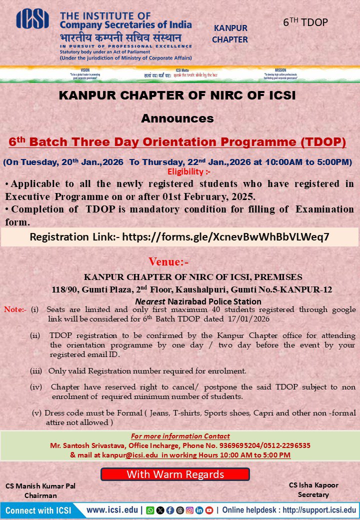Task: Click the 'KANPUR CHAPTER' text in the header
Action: point(230,33)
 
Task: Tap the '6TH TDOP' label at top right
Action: point(305,22)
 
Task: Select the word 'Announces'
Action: point(177,118)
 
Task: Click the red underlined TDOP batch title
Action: point(177,142)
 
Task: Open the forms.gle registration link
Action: point(225,236)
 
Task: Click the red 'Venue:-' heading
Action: point(168,261)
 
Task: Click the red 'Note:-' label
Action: point(15,309)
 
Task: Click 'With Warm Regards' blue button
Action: point(175,474)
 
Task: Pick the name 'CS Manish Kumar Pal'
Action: point(40,486)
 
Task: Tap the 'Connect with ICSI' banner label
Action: point(38,510)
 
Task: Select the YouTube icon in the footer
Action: point(209,510)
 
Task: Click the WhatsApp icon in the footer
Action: point(150,510)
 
